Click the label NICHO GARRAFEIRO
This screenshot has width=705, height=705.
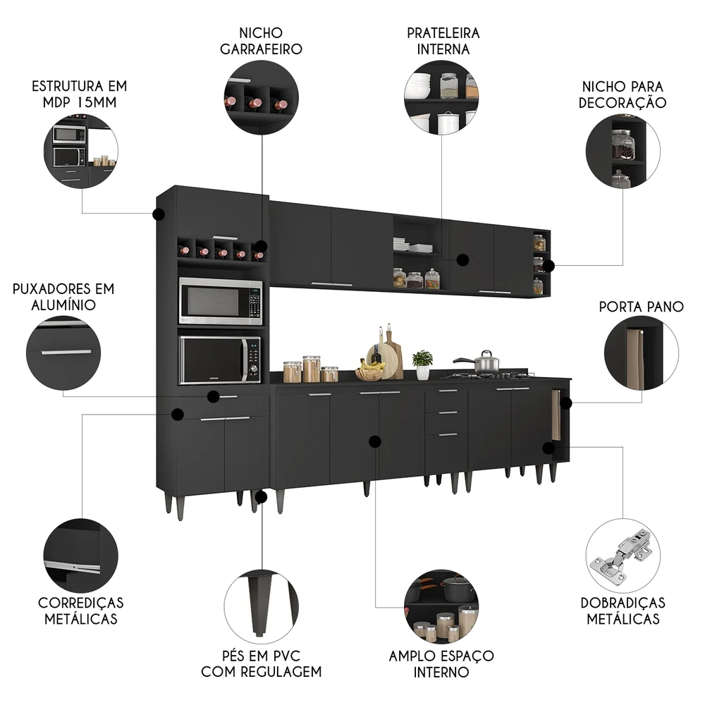pos(261,41)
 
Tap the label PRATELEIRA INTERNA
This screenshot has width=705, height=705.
pos(443,41)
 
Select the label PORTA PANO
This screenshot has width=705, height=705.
pos(641,307)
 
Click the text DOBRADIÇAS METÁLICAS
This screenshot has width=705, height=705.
pos(623,611)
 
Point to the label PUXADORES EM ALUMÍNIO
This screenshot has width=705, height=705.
pos(63,297)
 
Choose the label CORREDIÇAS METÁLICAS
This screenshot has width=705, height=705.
pos(81,611)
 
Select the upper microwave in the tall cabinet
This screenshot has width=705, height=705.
pos(220,301)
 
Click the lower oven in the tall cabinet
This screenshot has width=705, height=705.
pos(219,360)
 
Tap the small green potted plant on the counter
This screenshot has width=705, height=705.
pos(422,363)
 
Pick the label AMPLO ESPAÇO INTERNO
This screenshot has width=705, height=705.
pos(441,663)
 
